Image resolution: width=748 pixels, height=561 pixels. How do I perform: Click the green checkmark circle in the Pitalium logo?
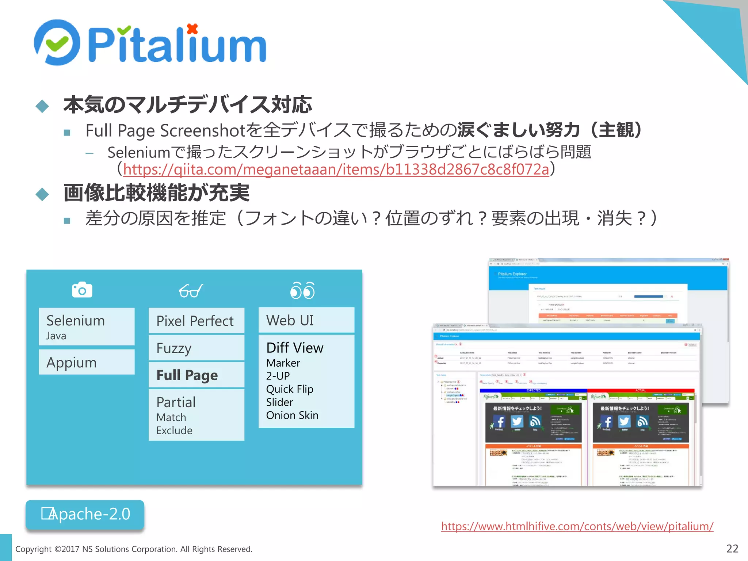pyautogui.click(x=57, y=43)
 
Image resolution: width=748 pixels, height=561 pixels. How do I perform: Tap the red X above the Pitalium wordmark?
pyautogui.click(x=192, y=28)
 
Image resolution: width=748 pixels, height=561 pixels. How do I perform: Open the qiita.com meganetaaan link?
pyautogui.click(x=336, y=169)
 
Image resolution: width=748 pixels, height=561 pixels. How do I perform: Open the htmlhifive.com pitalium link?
pyautogui.click(x=577, y=526)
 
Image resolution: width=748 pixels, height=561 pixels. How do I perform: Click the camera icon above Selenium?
pyautogui.click(x=82, y=290)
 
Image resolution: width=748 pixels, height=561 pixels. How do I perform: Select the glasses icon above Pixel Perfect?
pyautogui.click(x=191, y=291)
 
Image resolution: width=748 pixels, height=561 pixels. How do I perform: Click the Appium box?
pyautogui.click(x=87, y=362)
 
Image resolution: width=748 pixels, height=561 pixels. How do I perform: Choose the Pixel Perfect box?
pyautogui.click(x=196, y=321)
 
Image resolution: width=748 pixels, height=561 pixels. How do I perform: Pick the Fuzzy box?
pyautogui.click(x=196, y=348)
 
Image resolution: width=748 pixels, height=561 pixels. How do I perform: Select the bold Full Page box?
pyautogui.click(x=196, y=375)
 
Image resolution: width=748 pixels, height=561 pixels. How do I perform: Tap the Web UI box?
pyautogui.click(x=306, y=320)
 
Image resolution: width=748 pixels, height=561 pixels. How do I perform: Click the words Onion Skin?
pyautogui.click(x=292, y=415)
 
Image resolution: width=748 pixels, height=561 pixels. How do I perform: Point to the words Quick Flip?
pyautogui.click(x=290, y=389)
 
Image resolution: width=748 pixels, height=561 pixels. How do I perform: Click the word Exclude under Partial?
pyautogui.click(x=174, y=431)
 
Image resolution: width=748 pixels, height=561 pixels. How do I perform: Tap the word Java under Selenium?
pyautogui.click(x=56, y=336)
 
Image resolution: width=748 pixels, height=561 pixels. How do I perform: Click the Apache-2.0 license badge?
pyautogui.click(x=85, y=514)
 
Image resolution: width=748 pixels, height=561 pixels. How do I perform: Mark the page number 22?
pyautogui.click(x=732, y=549)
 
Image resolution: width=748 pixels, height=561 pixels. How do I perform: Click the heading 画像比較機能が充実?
pyautogui.click(x=156, y=193)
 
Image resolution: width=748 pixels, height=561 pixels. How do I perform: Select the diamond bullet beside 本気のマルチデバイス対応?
pyautogui.click(x=42, y=106)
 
